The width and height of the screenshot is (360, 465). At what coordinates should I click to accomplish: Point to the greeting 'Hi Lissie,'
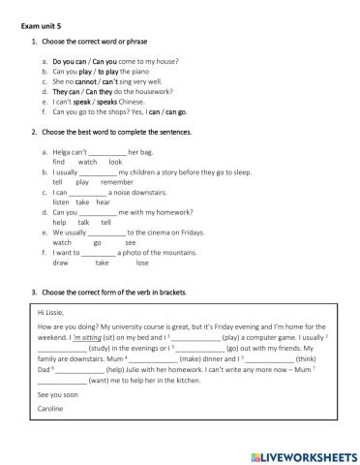(x=47, y=313)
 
